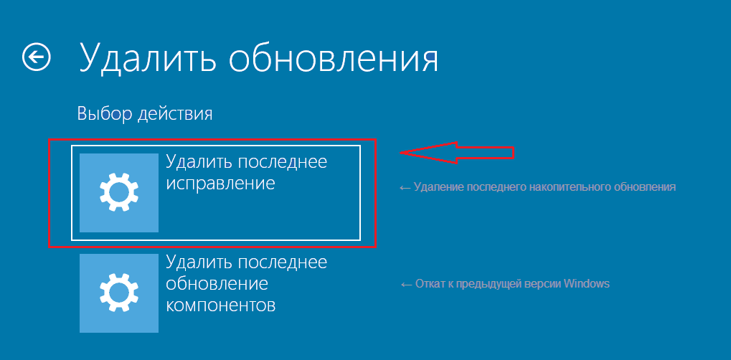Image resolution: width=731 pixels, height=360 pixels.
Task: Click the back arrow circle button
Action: (x=37, y=57)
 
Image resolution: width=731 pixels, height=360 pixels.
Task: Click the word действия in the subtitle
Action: (x=175, y=115)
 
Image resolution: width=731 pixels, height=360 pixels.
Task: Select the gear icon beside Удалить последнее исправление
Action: (x=119, y=193)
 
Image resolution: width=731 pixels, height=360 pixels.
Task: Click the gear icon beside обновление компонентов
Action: (x=119, y=293)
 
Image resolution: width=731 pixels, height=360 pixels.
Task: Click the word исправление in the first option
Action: (x=220, y=184)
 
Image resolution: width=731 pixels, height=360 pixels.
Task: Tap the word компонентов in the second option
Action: (x=221, y=305)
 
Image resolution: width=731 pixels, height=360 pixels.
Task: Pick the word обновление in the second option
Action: (x=217, y=283)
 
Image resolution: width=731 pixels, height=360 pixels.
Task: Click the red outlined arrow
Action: (x=457, y=153)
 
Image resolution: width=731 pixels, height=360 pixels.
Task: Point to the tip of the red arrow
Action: (x=400, y=153)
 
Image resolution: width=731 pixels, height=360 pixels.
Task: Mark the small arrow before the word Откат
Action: (x=406, y=284)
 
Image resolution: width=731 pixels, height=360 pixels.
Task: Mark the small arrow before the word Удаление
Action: (x=405, y=187)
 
